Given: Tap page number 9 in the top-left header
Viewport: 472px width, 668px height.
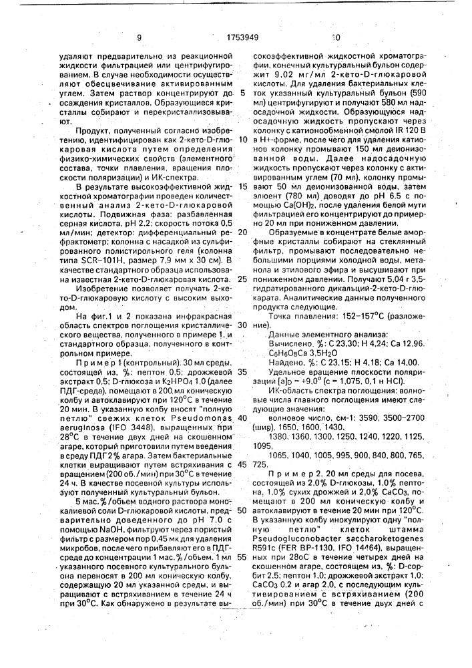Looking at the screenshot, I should coord(139,39).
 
